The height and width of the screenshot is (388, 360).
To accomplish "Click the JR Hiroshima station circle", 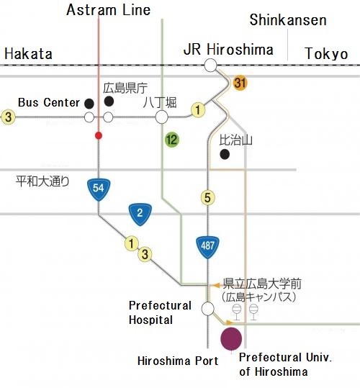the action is tap(210, 66).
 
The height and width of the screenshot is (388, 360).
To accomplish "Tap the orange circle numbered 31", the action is tap(240, 83).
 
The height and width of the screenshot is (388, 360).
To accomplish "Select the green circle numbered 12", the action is tap(172, 140).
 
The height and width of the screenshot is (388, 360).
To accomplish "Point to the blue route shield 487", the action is tap(207, 247).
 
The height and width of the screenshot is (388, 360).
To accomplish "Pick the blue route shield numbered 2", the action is tap(140, 214).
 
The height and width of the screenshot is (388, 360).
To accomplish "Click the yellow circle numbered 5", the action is tap(207, 198).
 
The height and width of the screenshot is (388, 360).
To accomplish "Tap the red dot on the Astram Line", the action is tap(99, 135).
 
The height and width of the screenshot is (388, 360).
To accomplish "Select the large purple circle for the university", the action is tap(231, 339).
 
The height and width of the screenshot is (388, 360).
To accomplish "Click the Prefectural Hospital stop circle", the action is tap(208, 309).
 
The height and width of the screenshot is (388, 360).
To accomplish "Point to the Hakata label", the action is tap(29, 54).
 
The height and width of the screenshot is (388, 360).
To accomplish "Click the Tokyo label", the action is tap(326, 53).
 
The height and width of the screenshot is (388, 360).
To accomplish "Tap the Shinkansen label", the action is tap(288, 20).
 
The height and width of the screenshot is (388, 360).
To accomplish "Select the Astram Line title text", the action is tap(109, 10).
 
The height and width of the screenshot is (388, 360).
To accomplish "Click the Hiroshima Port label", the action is tap(178, 361).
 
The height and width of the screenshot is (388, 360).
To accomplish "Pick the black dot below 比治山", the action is tap(225, 154).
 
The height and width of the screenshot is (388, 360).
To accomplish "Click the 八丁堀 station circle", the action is tap(161, 117).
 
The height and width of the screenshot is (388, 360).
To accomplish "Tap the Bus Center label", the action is tap(49, 102).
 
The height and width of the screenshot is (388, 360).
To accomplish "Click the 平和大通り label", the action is tap(42, 181).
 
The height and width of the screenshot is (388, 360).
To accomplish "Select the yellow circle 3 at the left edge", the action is tap(8, 117).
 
